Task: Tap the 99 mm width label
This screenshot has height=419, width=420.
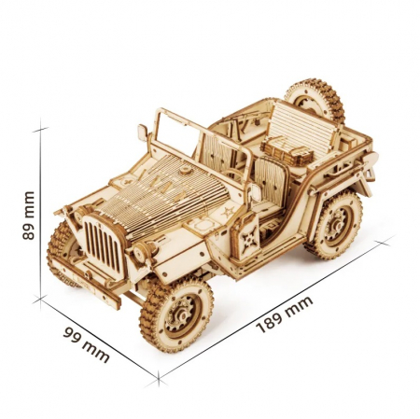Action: pyautogui.click(x=87, y=343)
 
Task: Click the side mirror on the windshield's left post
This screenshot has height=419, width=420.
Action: pyautogui.click(x=143, y=132)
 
